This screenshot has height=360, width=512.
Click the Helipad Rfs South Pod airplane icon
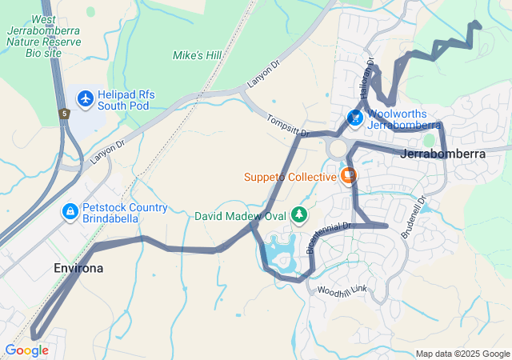pos(86,98)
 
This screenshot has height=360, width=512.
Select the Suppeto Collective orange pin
pos(348,174)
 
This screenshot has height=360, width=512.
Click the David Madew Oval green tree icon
pos(299,214)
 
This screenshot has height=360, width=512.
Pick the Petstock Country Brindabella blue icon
pos(70,211)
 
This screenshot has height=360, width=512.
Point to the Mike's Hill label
pos(197,55)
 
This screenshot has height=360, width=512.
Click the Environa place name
pos(78,268)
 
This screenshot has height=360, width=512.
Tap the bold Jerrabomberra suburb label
pos(446,153)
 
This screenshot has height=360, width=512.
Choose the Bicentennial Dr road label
pos(329,238)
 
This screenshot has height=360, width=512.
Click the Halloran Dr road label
pos(369,74)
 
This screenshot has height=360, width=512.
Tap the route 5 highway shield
pos(63,113)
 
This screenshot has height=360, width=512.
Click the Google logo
pos(26,350)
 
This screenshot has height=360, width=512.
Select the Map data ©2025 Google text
pos(462,354)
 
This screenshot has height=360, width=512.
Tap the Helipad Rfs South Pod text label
pos(126,100)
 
